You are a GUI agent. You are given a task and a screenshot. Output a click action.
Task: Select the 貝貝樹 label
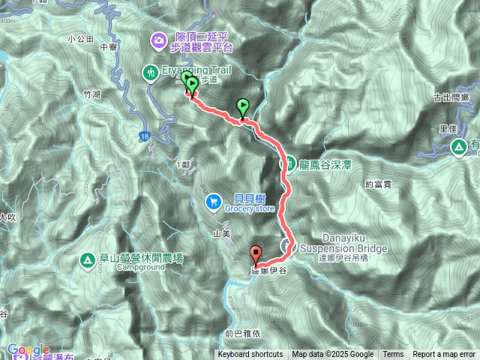pyautogui.click(x=241, y=199)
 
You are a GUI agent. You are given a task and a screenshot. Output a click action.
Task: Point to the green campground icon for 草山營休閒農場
pyautogui.click(x=88, y=260)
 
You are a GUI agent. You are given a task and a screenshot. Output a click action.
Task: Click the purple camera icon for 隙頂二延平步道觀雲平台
pyautogui.click(x=158, y=39)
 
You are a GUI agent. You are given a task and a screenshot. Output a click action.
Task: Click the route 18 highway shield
pyautogui.click(x=144, y=136)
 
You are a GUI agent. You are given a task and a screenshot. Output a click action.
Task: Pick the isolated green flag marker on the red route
pyautogui.click(x=242, y=107)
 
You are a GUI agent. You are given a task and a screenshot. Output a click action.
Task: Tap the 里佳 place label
pyautogui.click(x=449, y=127)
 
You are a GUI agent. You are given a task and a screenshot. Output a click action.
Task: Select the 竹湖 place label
pyautogui.click(x=91, y=94)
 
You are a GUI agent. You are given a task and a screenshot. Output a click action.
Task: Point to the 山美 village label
pyautogui.click(x=221, y=234)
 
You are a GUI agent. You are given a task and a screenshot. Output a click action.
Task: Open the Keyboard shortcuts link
pyautogui.click(x=250, y=355)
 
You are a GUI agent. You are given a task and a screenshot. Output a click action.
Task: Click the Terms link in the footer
pyautogui.click(x=393, y=355)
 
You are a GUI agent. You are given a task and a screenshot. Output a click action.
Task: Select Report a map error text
pyautogui.click(x=444, y=355)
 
